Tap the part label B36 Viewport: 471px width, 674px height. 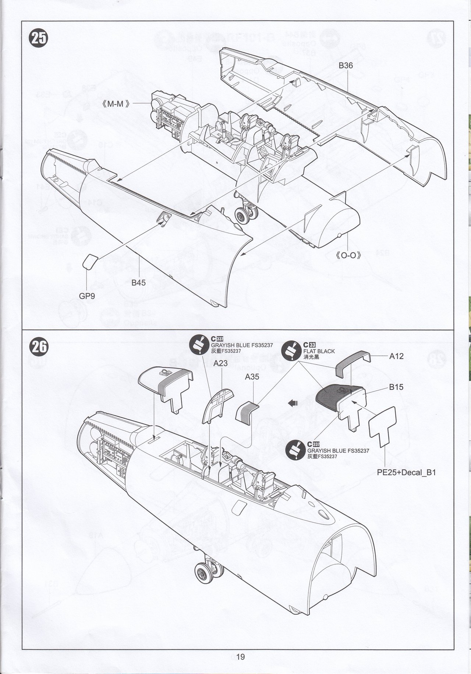[x=346, y=66]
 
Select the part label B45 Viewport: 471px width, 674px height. [x=139, y=283]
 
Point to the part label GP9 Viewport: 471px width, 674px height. [x=87, y=296]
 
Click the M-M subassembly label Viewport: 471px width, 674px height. [x=116, y=104]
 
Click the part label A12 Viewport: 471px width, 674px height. [x=396, y=356]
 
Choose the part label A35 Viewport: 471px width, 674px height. [x=252, y=377]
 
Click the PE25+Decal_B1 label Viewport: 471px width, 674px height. [x=406, y=472]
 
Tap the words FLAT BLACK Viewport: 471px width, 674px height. [x=319, y=351]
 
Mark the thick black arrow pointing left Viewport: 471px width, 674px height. [x=293, y=403]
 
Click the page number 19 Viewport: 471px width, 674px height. [x=241, y=657]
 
